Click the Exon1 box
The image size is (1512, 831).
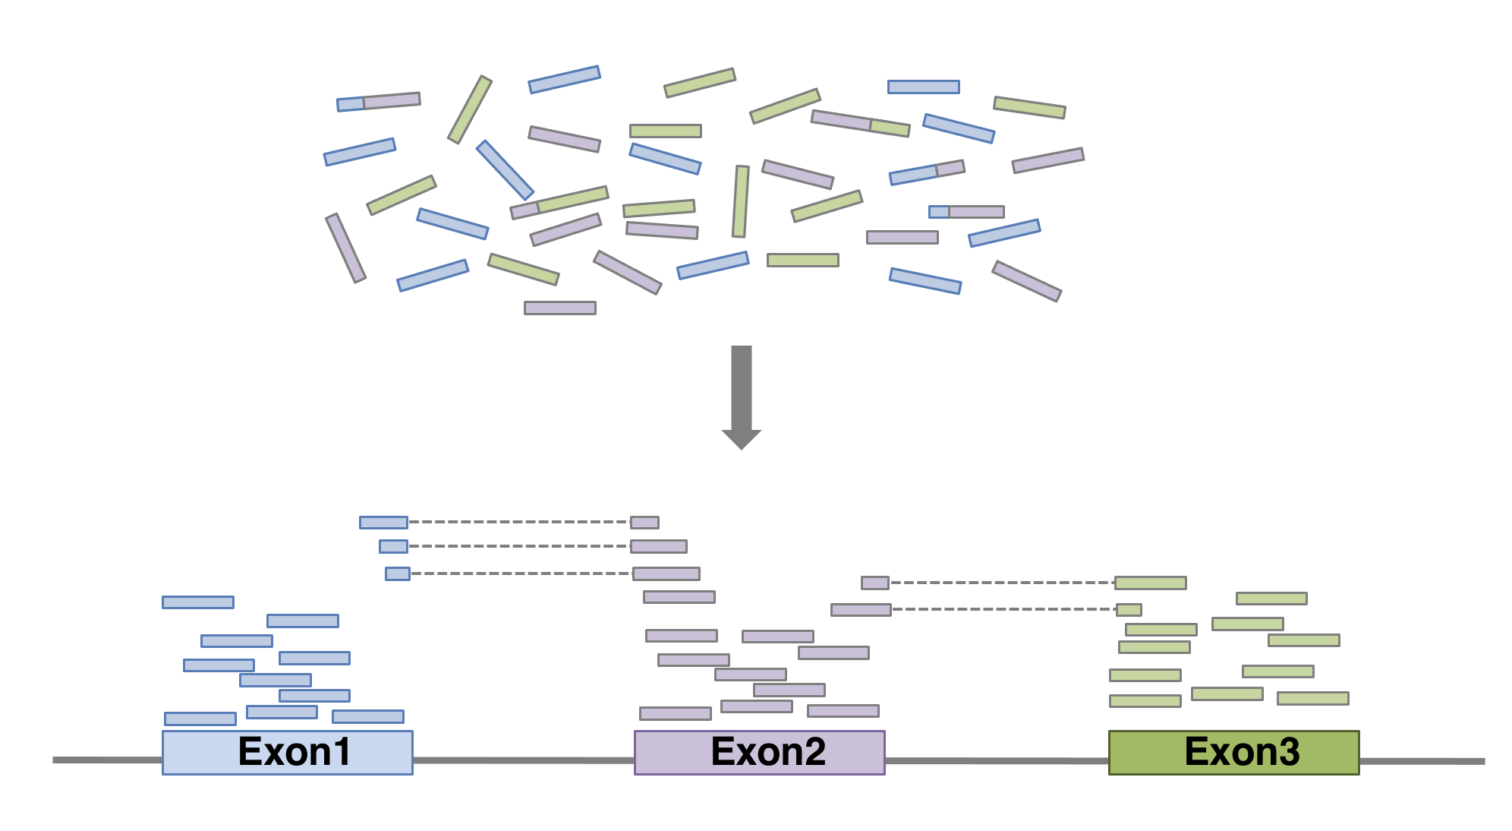(x=287, y=752)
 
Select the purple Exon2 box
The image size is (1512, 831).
(x=759, y=752)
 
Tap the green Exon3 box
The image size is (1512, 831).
(x=1233, y=752)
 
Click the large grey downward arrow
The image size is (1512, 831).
(x=742, y=395)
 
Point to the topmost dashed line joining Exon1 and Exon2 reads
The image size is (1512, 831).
(x=519, y=522)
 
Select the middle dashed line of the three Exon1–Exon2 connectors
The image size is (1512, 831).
(x=519, y=546)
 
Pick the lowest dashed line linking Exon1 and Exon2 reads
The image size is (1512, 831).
(x=521, y=573)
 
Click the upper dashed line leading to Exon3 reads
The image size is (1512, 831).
(x=1002, y=583)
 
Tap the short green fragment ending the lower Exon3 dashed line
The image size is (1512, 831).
(x=1129, y=609)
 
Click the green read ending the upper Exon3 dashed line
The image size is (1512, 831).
(x=1150, y=583)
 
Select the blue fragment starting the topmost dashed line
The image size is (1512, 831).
(x=383, y=522)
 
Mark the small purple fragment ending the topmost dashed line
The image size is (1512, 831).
(x=644, y=522)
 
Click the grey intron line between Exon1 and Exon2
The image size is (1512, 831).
(x=524, y=760)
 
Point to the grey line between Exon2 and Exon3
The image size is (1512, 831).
(x=997, y=760)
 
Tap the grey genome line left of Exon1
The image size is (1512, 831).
(x=106, y=760)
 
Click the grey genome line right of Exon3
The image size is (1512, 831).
(x=1421, y=760)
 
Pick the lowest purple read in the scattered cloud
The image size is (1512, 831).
(x=560, y=308)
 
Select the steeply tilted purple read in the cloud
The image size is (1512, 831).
(x=346, y=248)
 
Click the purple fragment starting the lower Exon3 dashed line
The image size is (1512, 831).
(x=861, y=609)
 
